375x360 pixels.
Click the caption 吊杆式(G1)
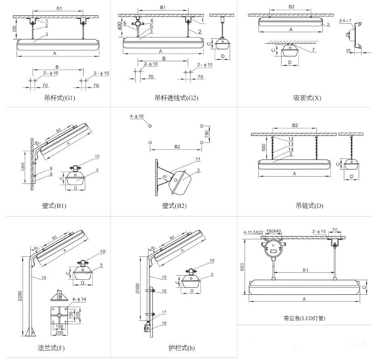coord(60,98)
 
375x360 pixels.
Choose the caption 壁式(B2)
coord(174,206)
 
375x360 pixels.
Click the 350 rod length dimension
coord(15,29)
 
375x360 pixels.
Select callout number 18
coord(164,323)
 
